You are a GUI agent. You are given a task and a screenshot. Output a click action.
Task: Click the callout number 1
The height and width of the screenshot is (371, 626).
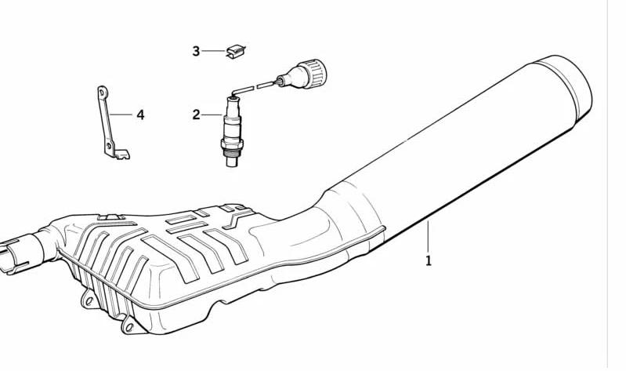pyautogui.click(x=429, y=261)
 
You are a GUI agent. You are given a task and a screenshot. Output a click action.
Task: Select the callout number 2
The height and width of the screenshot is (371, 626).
pyautogui.click(x=196, y=115)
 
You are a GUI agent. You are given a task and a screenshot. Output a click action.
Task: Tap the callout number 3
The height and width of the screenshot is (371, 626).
pyautogui.click(x=196, y=51)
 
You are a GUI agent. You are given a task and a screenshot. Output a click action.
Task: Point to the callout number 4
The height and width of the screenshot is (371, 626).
pyautogui.click(x=140, y=115)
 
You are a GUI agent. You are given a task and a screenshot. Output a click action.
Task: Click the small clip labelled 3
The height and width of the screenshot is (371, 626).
pyautogui.click(x=236, y=52)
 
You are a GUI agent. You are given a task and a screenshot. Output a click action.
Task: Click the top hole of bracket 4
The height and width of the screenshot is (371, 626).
pyautogui.click(x=102, y=93)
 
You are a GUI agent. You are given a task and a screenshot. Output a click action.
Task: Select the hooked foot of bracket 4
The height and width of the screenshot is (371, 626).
pyautogui.click(x=121, y=154)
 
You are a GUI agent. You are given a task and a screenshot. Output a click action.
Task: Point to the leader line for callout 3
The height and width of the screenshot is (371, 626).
pyautogui.click(x=214, y=51)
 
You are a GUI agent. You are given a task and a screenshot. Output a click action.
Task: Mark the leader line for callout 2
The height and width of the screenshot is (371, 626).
pyautogui.click(x=212, y=115)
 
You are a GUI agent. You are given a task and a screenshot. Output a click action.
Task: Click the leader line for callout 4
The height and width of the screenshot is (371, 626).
pyautogui.click(x=121, y=115)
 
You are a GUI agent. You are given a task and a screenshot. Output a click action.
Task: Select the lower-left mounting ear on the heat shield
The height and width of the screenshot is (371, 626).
pyautogui.click(x=89, y=300)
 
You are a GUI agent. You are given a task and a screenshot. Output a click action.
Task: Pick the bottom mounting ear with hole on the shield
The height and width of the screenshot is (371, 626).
pyautogui.click(x=129, y=326)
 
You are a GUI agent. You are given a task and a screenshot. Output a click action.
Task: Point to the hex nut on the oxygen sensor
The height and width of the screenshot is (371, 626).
pyautogui.click(x=232, y=144)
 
